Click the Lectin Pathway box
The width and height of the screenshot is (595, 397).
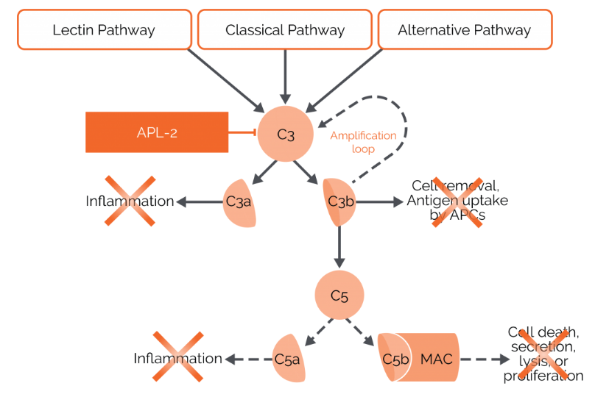click(x=104, y=30)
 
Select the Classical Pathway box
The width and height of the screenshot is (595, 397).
click(x=285, y=30)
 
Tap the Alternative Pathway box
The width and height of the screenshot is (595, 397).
click(x=464, y=30)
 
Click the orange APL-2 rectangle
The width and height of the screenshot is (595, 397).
click(x=157, y=132)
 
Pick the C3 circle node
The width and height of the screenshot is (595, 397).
click(x=285, y=134)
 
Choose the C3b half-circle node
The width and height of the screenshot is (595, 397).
click(x=339, y=201)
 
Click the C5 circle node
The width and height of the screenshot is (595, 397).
click(x=339, y=296)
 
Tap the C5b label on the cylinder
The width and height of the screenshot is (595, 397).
click(x=395, y=359)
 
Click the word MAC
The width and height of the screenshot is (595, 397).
click(x=436, y=359)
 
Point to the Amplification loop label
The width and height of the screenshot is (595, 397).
click(x=363, y=142)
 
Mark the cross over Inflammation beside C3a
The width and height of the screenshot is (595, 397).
click(x=130, y=201)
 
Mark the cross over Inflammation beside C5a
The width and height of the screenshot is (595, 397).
click(x=177, y=357)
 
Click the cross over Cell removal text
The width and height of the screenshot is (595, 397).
click(x=457, y=201)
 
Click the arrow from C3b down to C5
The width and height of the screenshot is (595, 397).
click(x=339, y=246)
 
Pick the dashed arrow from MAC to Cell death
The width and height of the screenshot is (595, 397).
click(x=484, y=360)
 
